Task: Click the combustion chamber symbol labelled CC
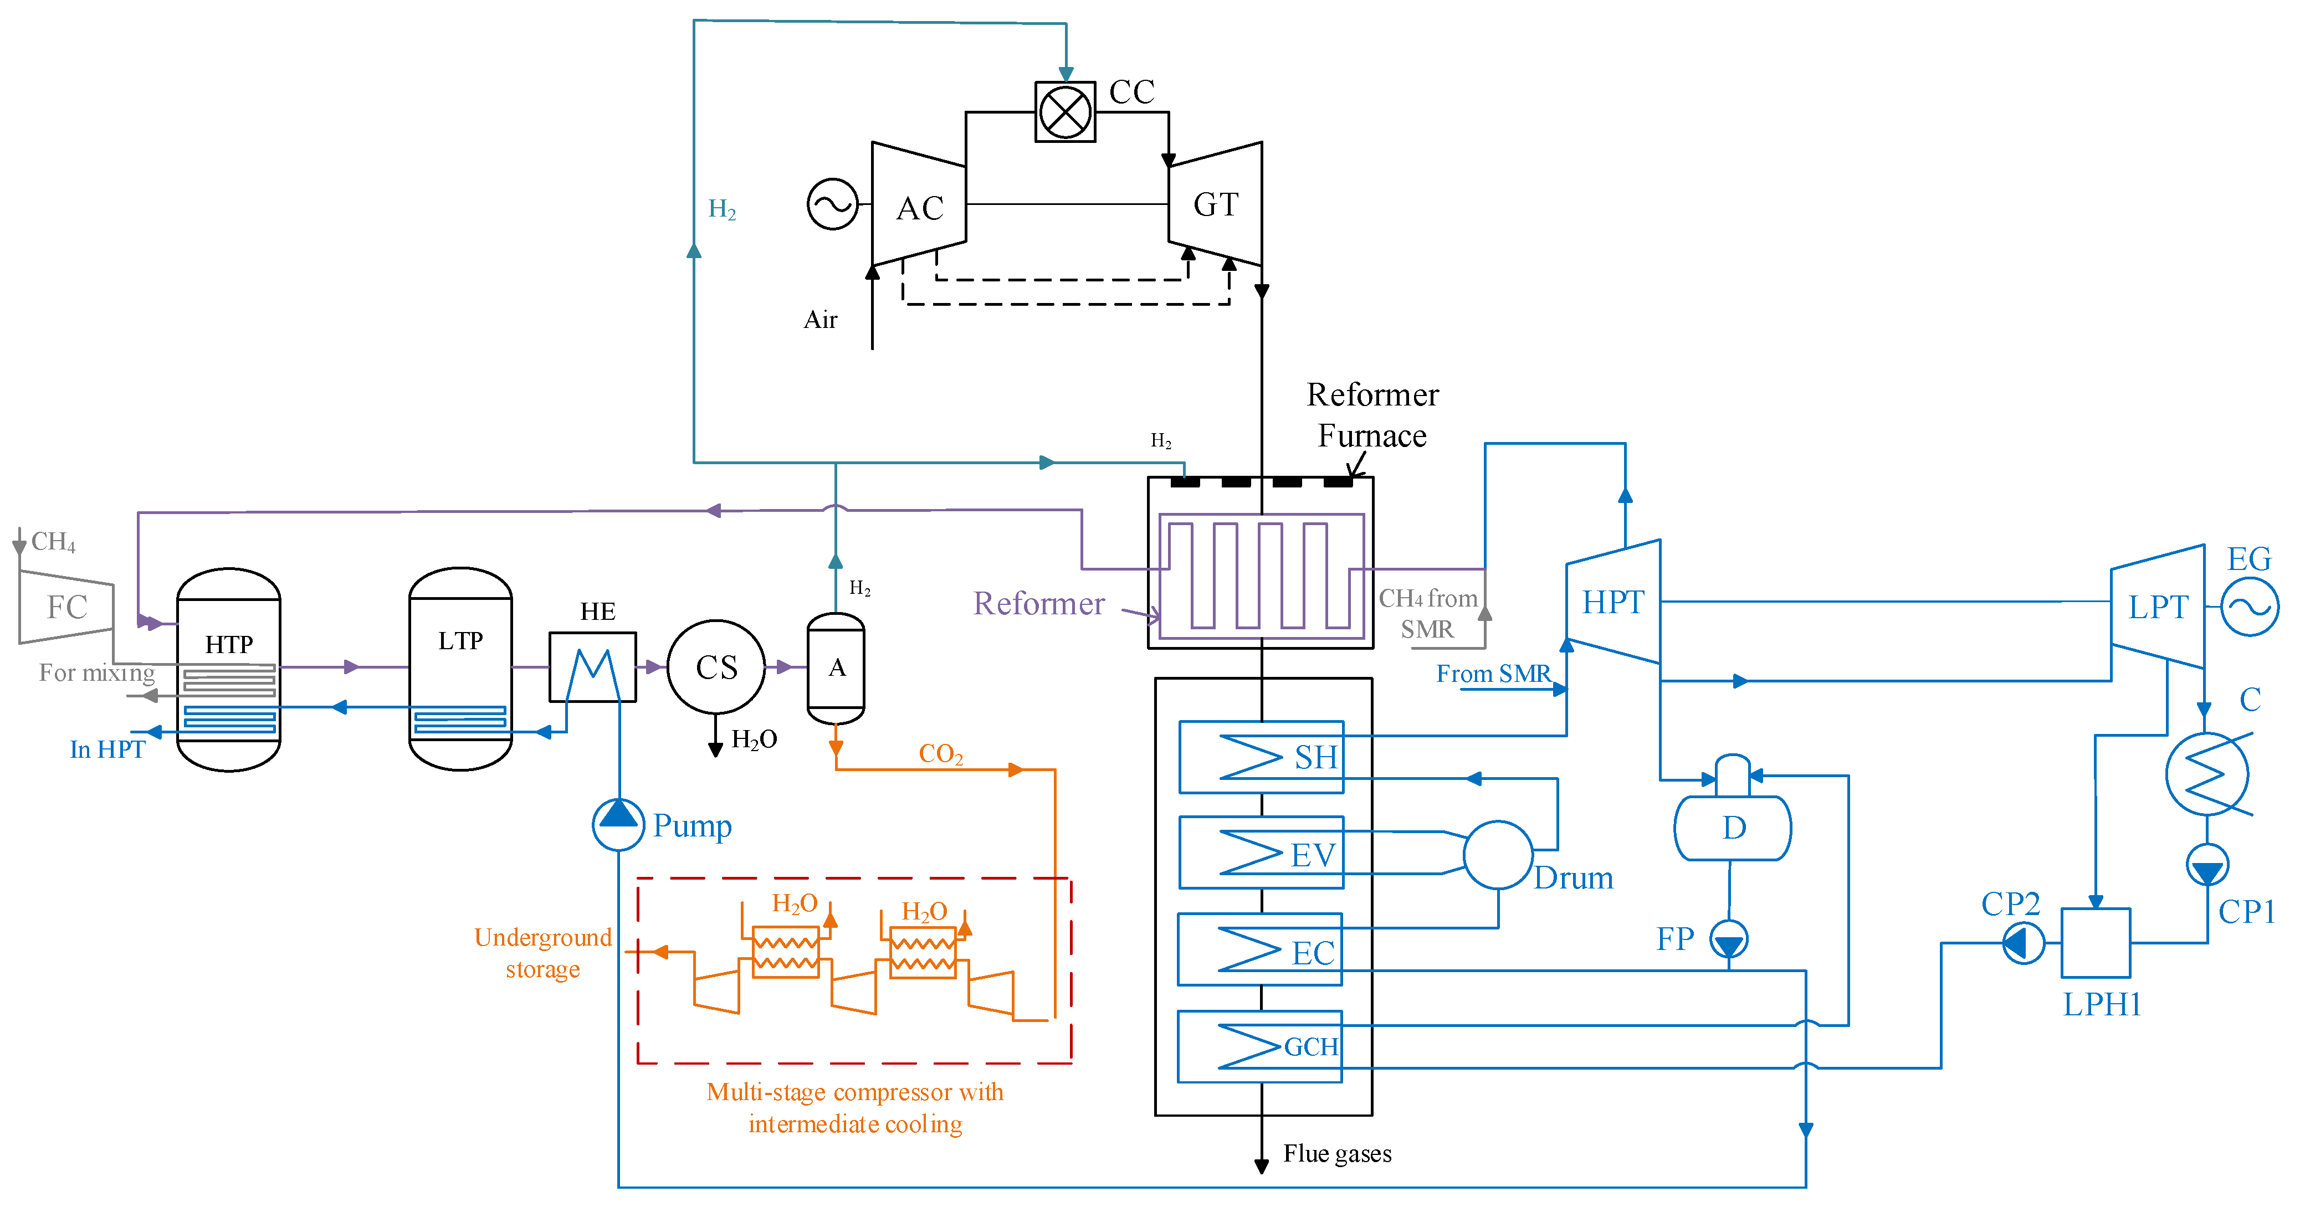coord(1065,112)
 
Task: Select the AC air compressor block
coord(919,204)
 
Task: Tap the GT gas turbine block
coord(1215,204)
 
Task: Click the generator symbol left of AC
coord(832,204)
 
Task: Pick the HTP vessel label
coord(229,644)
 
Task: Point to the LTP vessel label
coord(460,641)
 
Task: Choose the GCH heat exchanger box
coord(1260,1046)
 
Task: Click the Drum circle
coord(1498,855)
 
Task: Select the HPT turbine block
coord(1613,601)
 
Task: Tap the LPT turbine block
coord(2158,607)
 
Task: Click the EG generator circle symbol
coord(2250,607)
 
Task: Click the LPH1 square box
coord(2096,943)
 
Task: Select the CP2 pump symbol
coord(2022,942)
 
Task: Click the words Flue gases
coord(1337,1153)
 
